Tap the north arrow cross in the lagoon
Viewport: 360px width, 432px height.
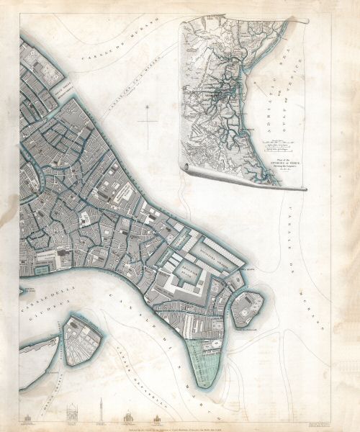pos(147,122)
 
